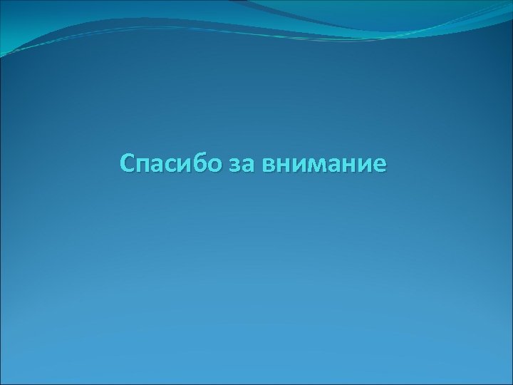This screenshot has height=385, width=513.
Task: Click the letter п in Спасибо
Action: pyautogui.click(x=143, y=165)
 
